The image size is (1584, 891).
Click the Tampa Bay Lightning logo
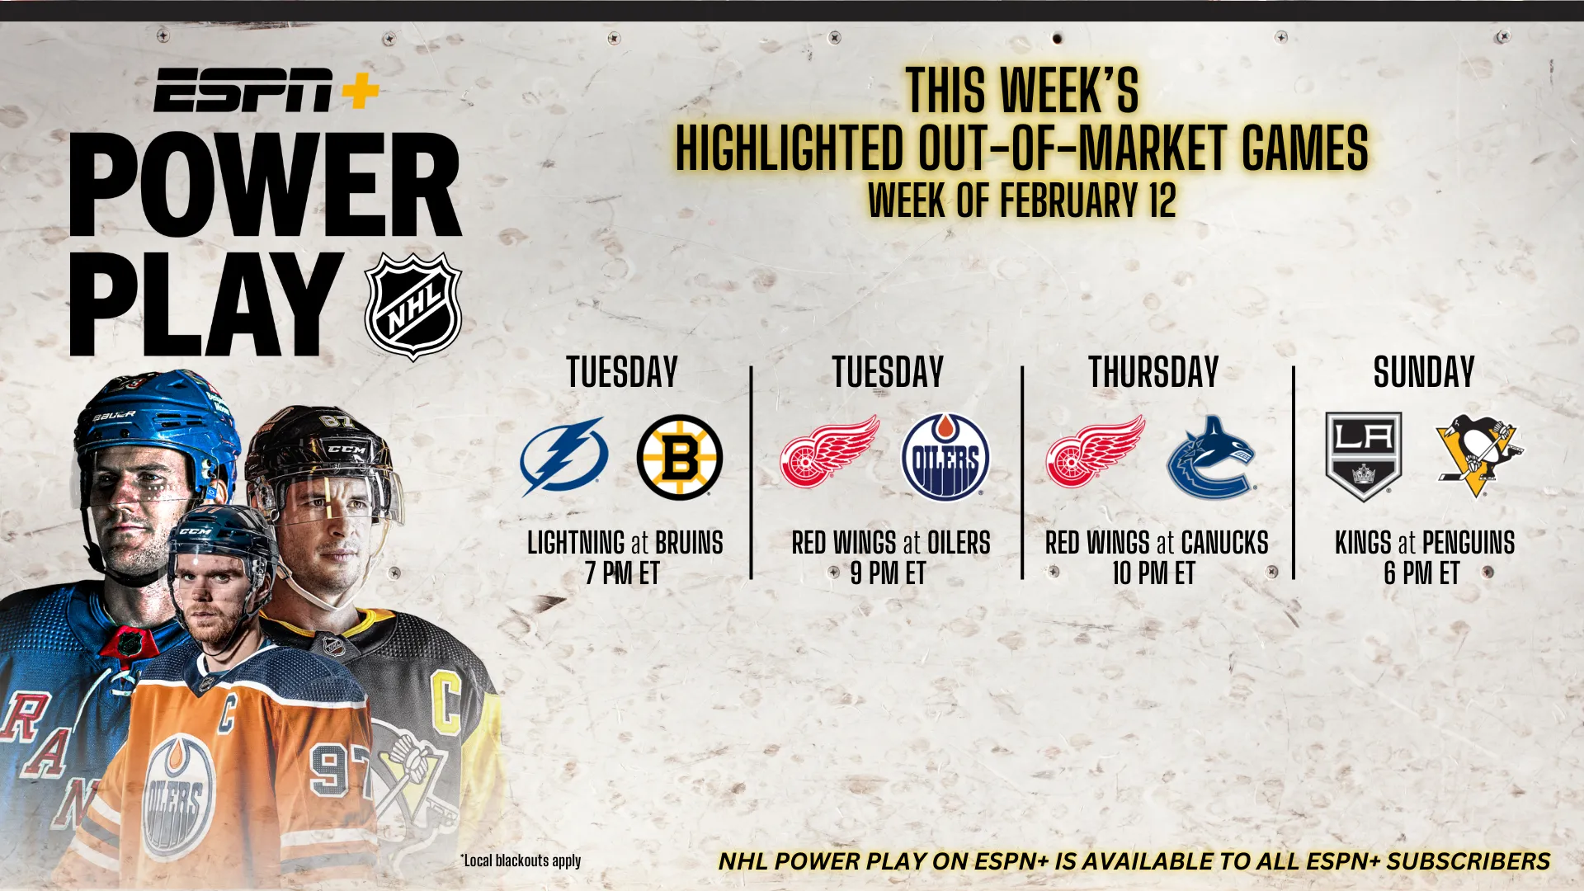(x=564, y=457)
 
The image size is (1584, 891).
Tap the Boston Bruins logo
(x=680, y=457)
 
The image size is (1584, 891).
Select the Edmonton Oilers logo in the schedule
(x=945, y=457)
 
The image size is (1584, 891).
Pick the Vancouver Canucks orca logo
(x=1211, y=457)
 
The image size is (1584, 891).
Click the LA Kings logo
(x=1363, y=456)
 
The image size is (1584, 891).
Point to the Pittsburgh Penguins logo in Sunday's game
(x=1479, y=456)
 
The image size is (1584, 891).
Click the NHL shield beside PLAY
(x=413, y=307)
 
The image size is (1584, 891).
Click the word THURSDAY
(x=1153, y=372)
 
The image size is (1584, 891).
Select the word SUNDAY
(x=1424, y=372)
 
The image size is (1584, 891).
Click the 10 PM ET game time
(x=1153, y=573)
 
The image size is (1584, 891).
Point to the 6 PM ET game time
(x=1422, y=573)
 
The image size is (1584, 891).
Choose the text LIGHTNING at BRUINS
(x=625, y=543)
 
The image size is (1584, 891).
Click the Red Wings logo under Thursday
(x=1096, y=452)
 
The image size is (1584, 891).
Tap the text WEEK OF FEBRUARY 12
(x=1021, y=201)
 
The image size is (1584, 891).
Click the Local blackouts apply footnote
(x=521, y=860)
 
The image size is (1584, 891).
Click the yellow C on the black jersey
(x=447, y=705)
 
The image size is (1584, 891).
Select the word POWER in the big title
(x=265, y=186)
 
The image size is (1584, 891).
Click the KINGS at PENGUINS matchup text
(x=1425, y=543)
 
